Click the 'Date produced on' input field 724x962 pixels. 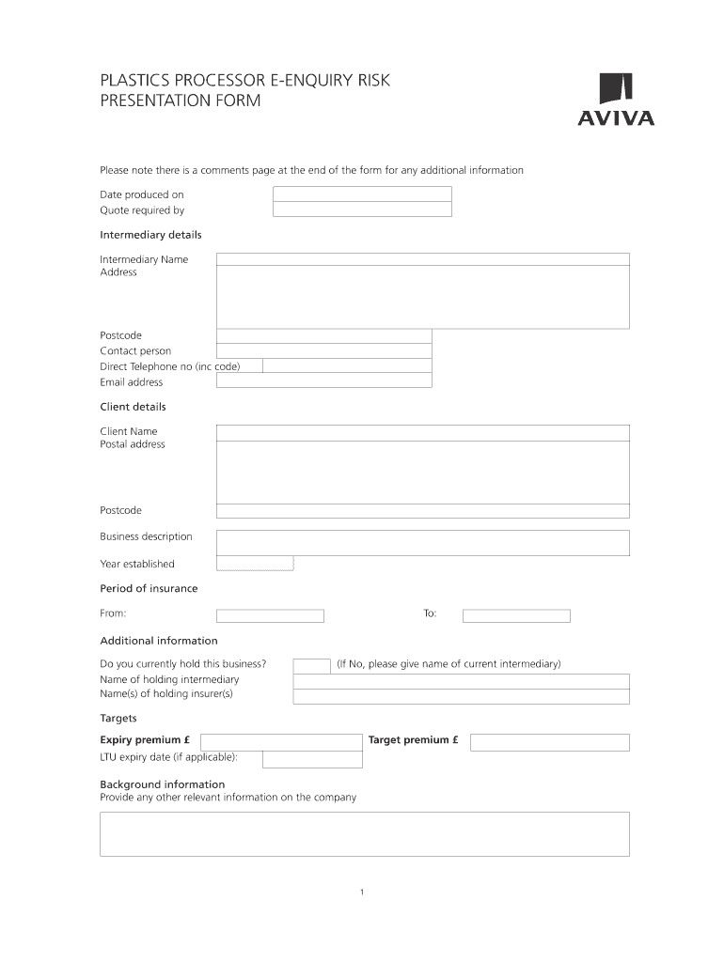pos(362,194)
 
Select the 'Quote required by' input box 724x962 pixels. pos(362,210)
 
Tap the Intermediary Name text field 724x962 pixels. pos(422,259)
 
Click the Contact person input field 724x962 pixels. pos(323,350)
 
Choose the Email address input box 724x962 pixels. pos(323,381)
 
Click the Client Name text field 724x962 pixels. pos(422,432)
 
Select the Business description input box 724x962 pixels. pos(422,542)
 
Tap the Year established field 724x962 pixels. pos(255,564)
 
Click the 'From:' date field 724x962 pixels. pos(270,616)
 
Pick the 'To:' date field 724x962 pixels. pos(516,616)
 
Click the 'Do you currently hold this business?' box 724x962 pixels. pos(311,665)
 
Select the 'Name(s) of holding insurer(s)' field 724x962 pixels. pos(461,696)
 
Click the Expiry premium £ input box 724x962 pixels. pos(281,742)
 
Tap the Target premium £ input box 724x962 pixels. pos(549,742)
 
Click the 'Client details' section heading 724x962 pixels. pos(133,407)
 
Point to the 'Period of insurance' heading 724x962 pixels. pos(149,588)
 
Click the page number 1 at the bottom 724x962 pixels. pos(362,892)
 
